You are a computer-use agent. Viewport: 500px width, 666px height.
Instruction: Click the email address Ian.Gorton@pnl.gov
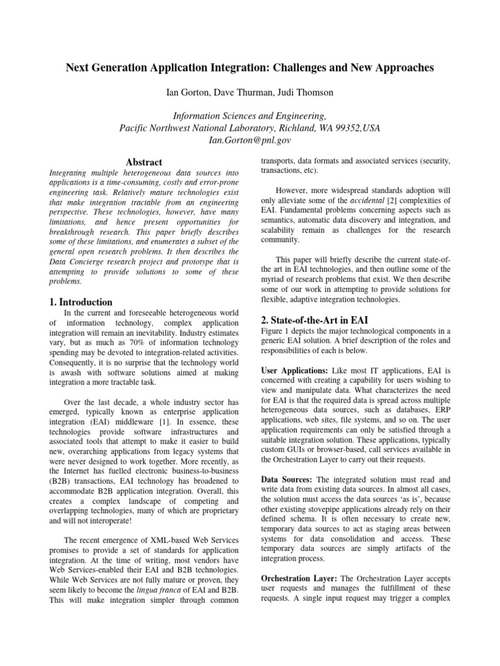[x=250, y=139]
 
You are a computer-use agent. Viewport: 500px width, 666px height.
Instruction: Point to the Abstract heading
[x=143, y=162]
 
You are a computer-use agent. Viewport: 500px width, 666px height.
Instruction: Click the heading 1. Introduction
[x=81, y=302]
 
